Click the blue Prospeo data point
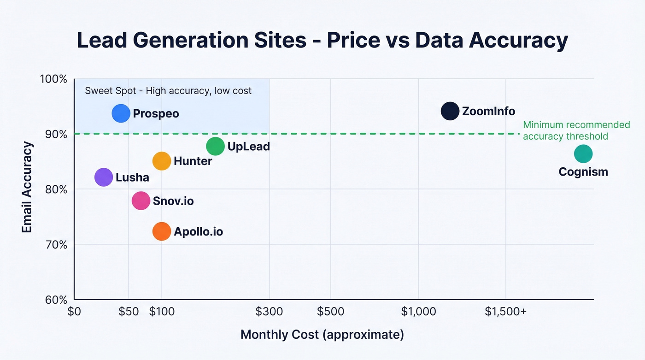tap(121, 113)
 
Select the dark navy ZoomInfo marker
tap(450, 111)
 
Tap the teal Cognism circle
tap(583, 154)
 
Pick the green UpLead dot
tap(215, 147)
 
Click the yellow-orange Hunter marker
tap(162, 161)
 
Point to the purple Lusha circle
tap(104, 177)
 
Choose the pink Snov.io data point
tap(141, 201)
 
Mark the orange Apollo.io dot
tap(162, 231)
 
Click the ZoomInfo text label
tap(488, 111)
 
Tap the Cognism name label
tap(583, 172)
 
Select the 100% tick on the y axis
tap(53, 79)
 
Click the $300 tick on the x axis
tap(269, 312)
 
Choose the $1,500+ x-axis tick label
tap(505, 312)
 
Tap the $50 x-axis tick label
tap(129, 312)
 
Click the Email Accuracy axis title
tap(27, 187)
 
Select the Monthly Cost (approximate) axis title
tap(322, 335)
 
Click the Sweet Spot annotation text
tap(168, 91)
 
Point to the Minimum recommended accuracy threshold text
tap(576, 130)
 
